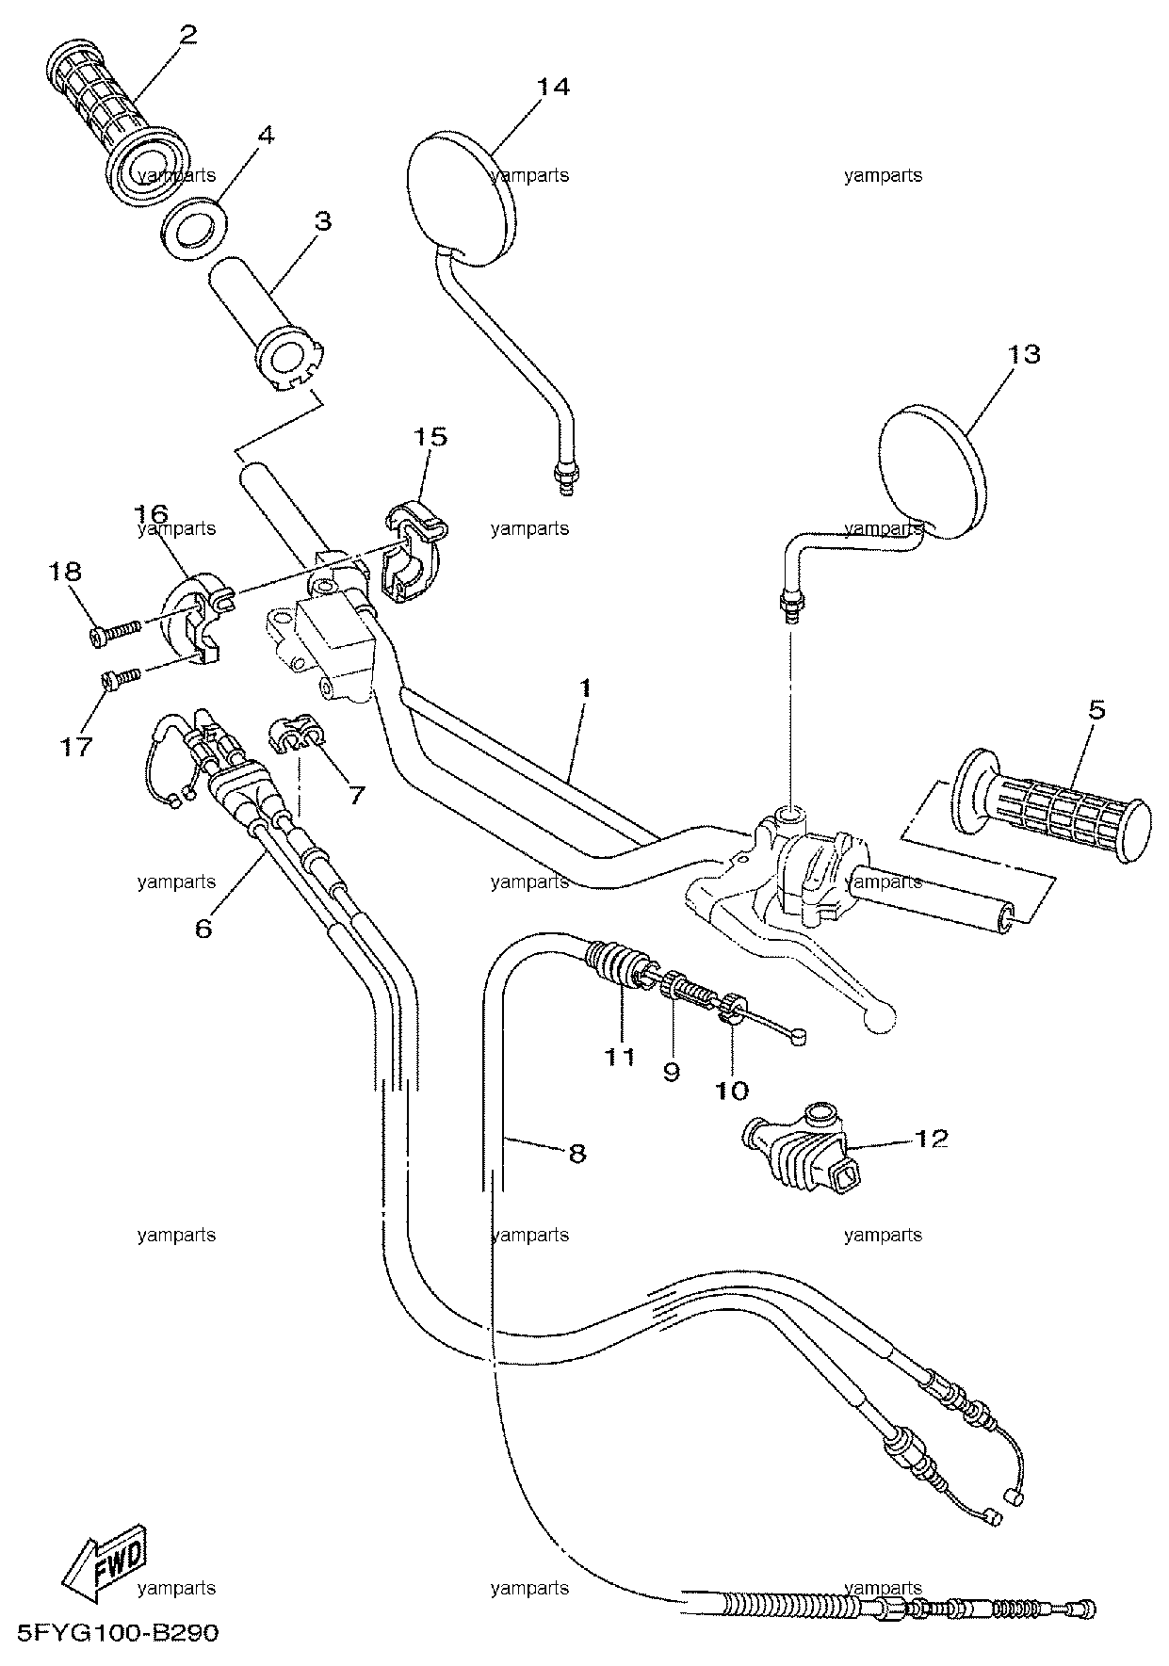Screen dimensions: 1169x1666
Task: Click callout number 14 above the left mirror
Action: point(554,88)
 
